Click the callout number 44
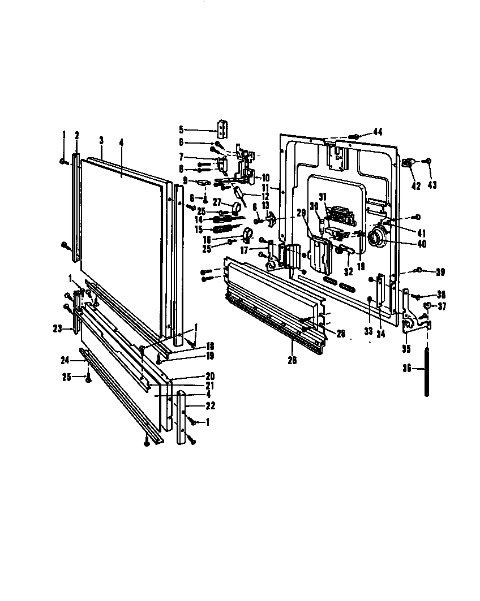tap(378, 132)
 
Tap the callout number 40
tap(421, 244)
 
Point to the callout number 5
tap(181, 129)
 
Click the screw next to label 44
tap(355, 136)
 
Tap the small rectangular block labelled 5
tap(224, 129)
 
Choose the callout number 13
tap(264, 205)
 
